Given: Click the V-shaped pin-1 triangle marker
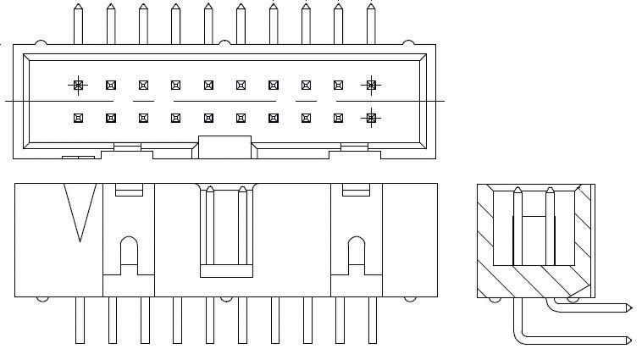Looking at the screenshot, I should point(80,212).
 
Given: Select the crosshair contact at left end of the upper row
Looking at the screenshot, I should point(79,85).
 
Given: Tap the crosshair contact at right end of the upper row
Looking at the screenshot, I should point(370,85).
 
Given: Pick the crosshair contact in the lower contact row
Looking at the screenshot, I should point(370,118).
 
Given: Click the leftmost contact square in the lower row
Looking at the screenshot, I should point(79,118).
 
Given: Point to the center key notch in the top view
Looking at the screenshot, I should point(224,146).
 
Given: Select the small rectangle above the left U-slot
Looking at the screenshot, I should point(128,190).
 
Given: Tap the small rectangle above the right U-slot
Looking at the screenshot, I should point(356,190).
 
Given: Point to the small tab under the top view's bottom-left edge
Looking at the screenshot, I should point(78,158).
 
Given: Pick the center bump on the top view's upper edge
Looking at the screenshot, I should point(224,42).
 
